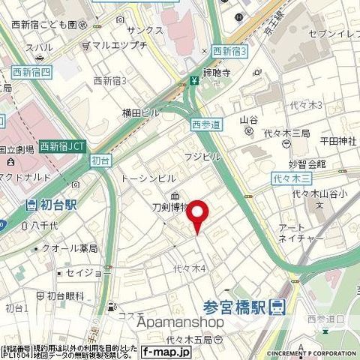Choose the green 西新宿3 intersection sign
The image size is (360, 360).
(x=229, y=51)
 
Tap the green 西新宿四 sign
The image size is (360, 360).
(x=31, y=73)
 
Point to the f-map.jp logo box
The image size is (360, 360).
(x=164, y=349)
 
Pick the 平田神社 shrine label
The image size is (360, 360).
(x=336, y=139)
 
